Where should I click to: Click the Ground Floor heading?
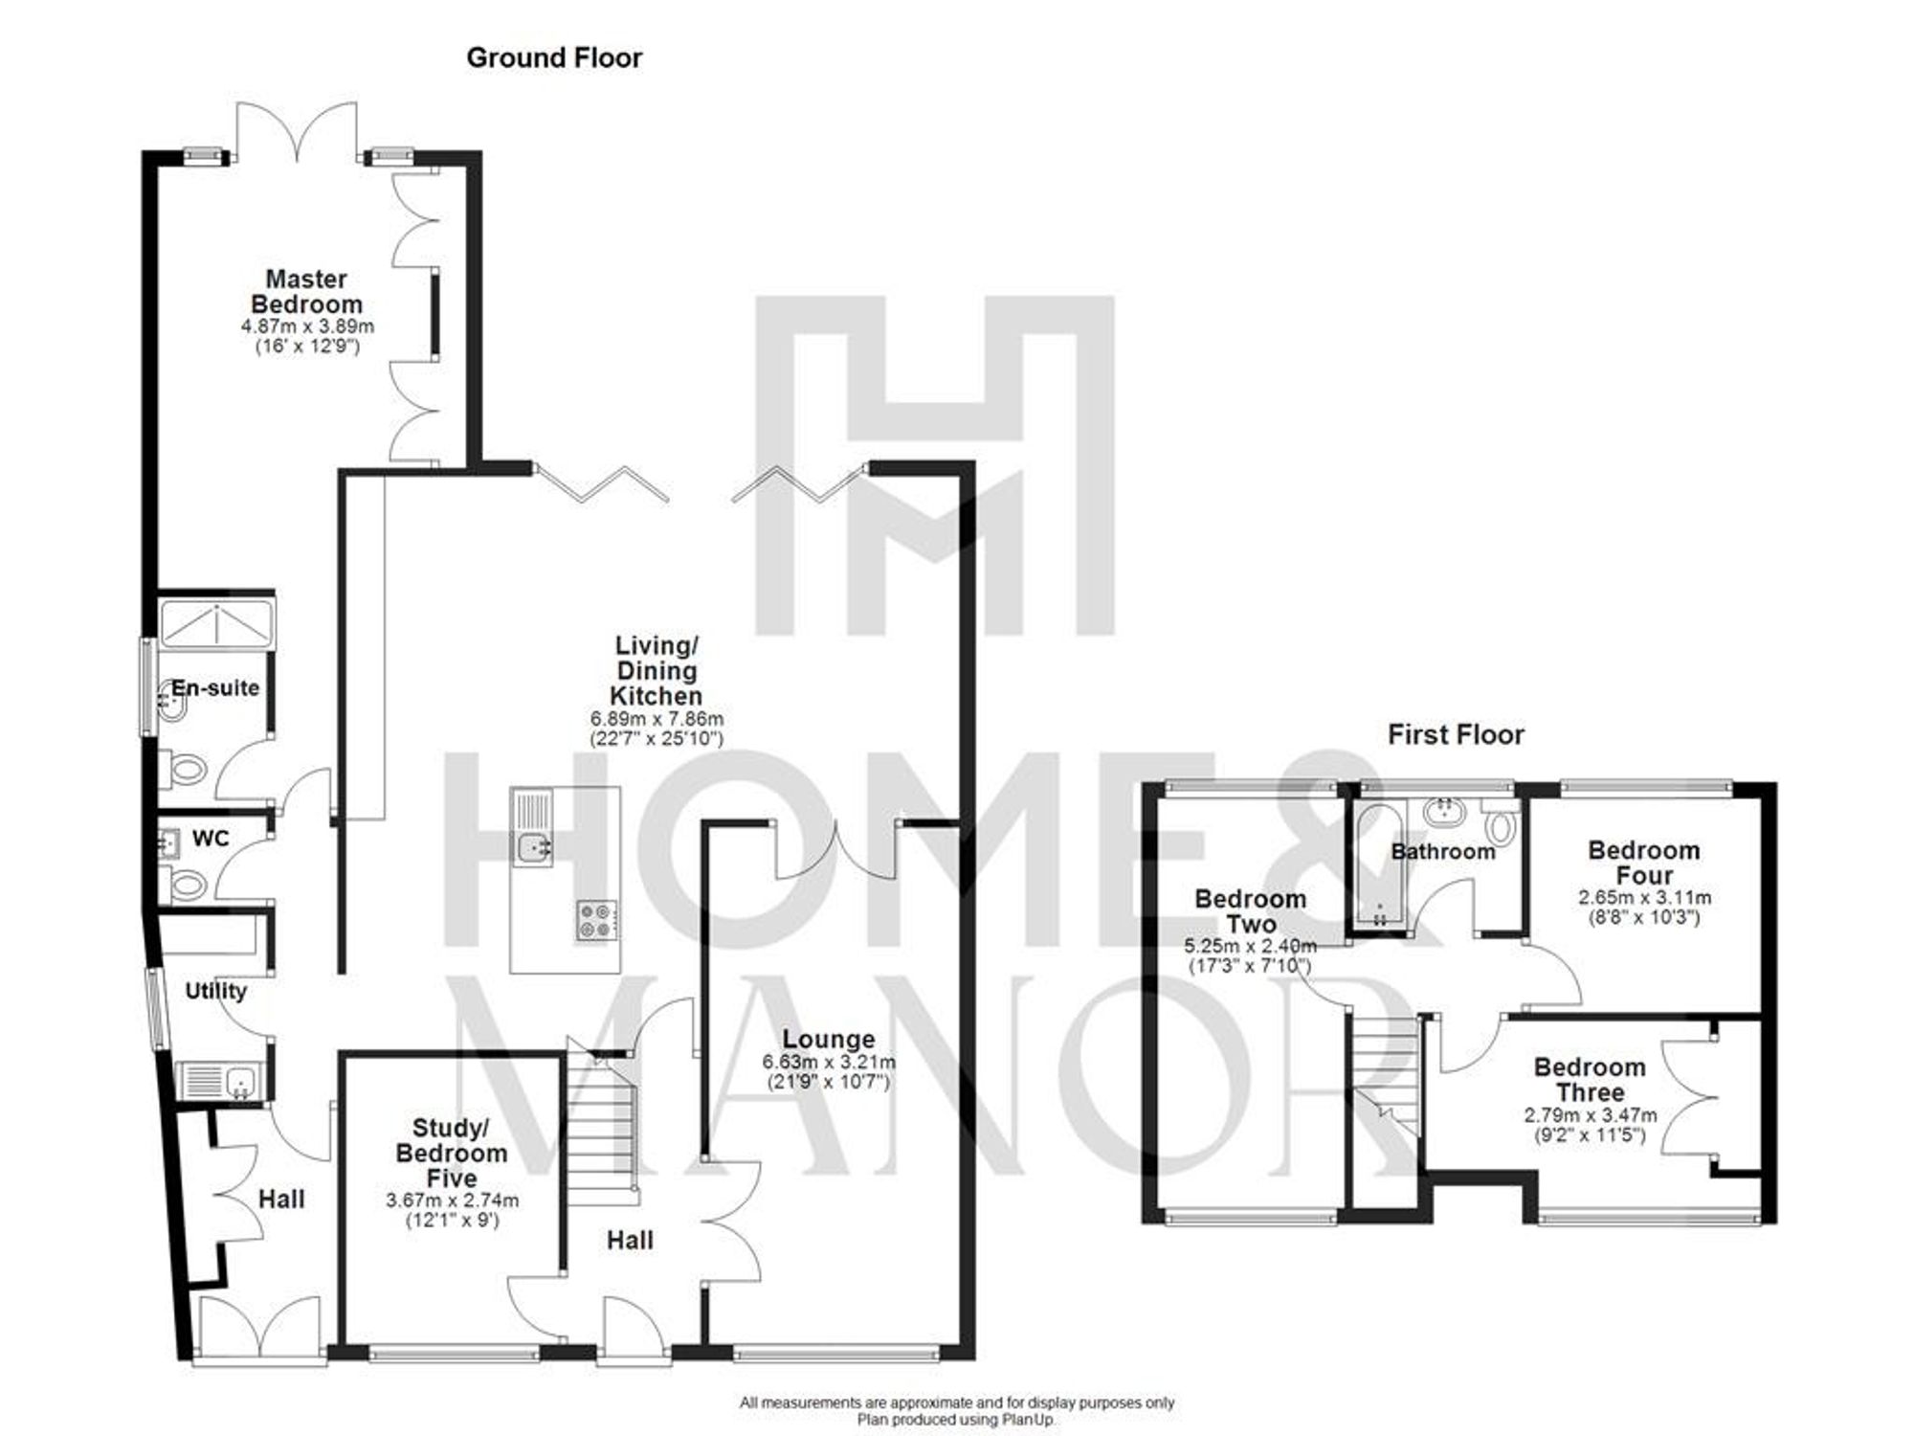[x=554, y=58]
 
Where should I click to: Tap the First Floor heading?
[x=1456, y=734]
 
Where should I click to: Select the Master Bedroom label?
[x=306, y=292]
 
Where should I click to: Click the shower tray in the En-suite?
[x=217, y=622]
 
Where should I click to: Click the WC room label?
[x=211, y=839]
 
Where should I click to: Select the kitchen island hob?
[x=597, y=920]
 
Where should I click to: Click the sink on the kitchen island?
[x=532, y=847]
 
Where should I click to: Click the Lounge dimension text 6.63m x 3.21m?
[x=829, y=1062]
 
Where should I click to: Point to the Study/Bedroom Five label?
[x=452, y=1153]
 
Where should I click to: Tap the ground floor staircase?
[x=602, y=1130]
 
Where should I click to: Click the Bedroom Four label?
[x=1643, y=863]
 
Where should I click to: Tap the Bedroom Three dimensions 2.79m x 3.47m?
[x=1590, y=1115]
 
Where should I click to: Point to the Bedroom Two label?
[x=1250, y=911]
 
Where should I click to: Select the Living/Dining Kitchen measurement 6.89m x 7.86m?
[x=657, y=718]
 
